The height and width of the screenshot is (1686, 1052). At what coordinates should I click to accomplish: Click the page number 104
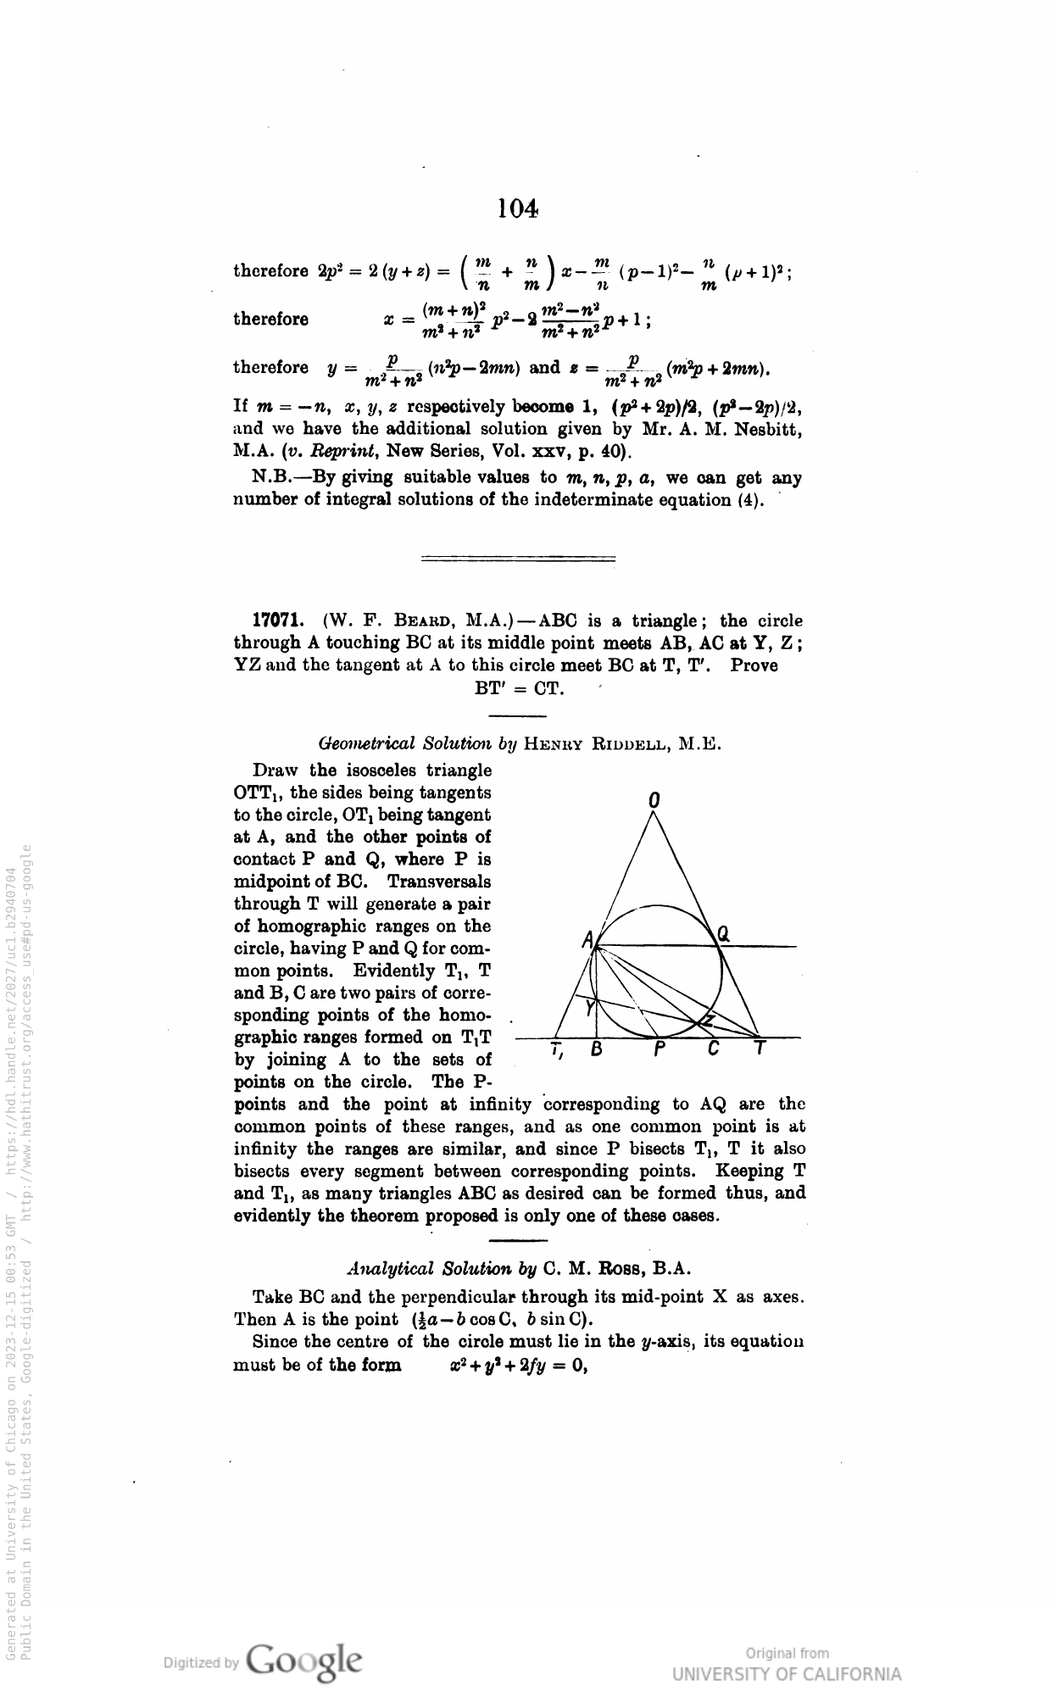[517, 209]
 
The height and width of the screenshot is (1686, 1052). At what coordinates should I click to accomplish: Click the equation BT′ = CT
[518, 687]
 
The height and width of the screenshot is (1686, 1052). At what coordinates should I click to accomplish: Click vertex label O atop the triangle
[653, 799]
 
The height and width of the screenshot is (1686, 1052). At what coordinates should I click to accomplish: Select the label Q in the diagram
[723, 934]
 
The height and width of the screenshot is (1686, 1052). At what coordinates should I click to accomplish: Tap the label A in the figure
[587, 939]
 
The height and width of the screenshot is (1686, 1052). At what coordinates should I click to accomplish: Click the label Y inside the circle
[589, 1008]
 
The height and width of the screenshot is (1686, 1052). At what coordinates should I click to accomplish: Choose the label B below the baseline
[596, 1049]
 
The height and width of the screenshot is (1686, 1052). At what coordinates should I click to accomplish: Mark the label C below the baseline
[713, 1049]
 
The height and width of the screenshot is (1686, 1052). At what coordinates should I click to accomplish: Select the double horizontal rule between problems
[518, 558]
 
